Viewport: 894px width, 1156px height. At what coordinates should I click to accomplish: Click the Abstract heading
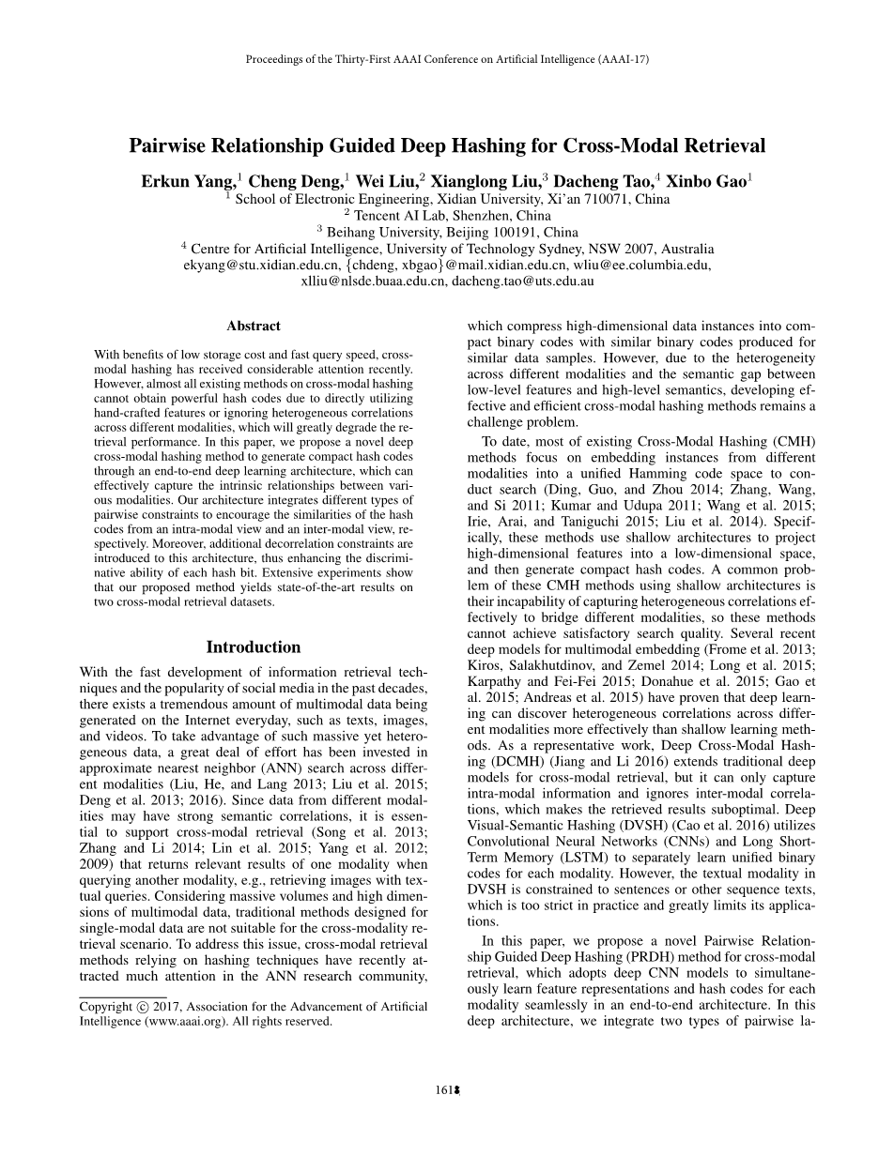point(254,326)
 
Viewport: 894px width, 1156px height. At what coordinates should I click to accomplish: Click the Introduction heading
point(254,646)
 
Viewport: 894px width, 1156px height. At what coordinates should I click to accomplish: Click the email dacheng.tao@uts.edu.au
point(523,280)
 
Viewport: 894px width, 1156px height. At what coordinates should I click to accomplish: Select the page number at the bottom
point(447,1090)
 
